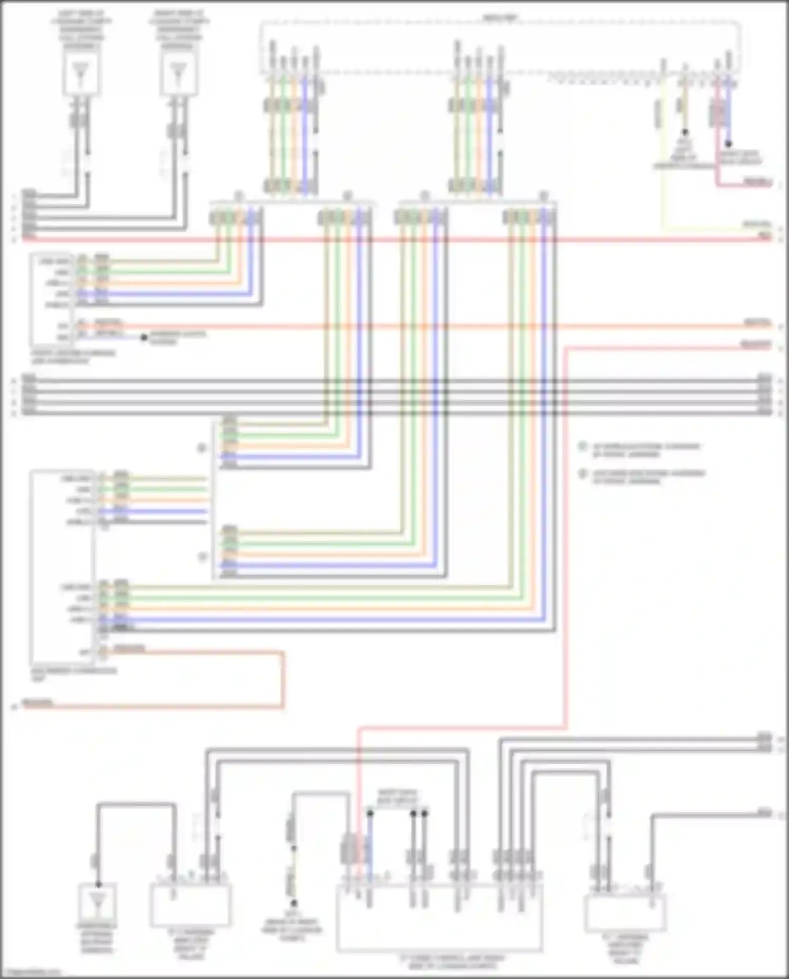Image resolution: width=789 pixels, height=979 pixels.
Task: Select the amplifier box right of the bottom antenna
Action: (190, 905)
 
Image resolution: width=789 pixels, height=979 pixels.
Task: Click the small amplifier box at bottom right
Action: (625, 913)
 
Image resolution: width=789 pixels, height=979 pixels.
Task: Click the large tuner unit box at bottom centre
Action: (439, 918)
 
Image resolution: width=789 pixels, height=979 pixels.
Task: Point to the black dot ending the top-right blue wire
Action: (729, 143)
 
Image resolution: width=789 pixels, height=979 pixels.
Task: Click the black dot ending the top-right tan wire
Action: (685, 133)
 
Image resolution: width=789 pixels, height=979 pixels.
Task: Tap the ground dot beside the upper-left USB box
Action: (144, 337)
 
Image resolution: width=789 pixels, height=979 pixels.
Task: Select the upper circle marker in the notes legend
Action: (582, 447)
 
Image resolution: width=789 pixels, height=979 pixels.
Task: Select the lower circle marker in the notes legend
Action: (582, 473)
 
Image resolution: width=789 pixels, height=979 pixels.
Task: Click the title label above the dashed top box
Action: (499, 18)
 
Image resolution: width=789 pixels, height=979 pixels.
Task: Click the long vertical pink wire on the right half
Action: (566, 526)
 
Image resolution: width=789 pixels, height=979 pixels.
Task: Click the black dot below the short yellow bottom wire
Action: (293, 903)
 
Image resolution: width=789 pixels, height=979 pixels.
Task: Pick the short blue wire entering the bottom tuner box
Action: (370, 847)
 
